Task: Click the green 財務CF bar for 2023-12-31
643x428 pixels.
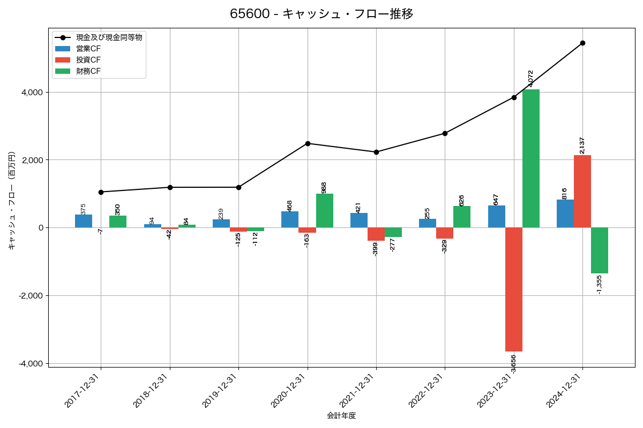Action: click(x=531, y=158)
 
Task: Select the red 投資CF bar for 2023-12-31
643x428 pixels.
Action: click(x=514, y=289)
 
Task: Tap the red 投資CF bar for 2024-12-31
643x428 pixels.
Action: click(x=582, y=192)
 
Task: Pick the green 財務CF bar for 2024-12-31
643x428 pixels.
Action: click(x=600, y=250)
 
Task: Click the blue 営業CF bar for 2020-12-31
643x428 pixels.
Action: click(x=290, y=219)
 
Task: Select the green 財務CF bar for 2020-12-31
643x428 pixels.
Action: click(x=325, y=211)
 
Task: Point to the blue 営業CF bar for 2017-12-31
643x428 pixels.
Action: click(x=84, y=221)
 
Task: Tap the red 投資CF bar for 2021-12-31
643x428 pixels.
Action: click(x=376, y=234)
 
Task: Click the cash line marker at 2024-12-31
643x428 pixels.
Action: click(x=582, y=43)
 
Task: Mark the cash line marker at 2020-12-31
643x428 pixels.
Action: click(x=308, y=143)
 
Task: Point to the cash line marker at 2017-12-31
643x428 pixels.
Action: click(x=101, y=192)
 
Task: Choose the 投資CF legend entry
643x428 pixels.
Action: click(x=88, y=60)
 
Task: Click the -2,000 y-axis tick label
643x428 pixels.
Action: click(x=30, y=296)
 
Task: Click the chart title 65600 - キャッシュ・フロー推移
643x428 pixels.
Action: click(x=322, y=14)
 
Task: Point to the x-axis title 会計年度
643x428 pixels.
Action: click(x=341, y=416)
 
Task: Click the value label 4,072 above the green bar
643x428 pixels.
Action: click(x=531, y=78)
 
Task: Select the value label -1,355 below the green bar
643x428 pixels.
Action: click(x=600, y=284)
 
